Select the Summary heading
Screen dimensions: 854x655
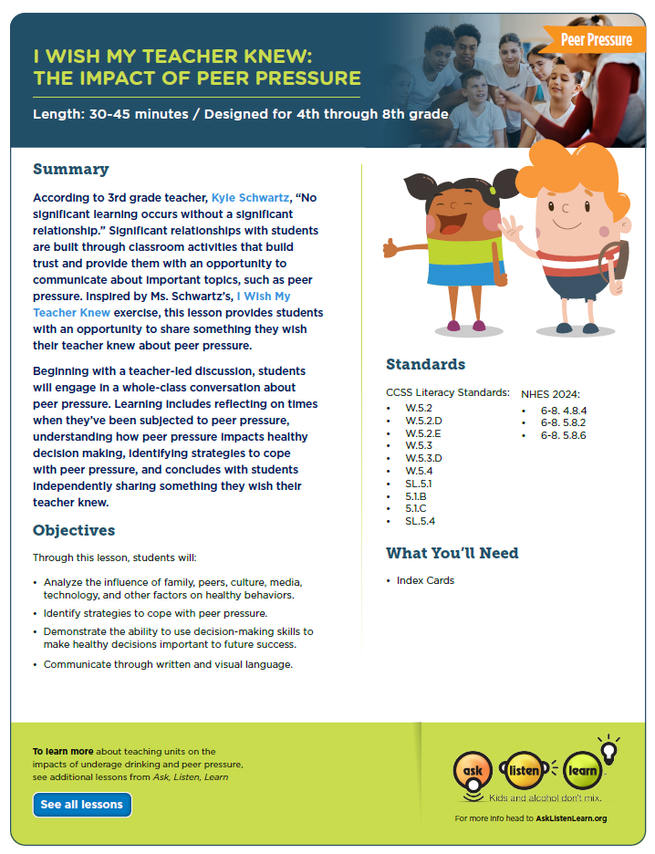tap(70, 169)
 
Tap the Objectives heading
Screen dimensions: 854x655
tap(74, 530)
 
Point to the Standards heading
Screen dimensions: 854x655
tap(425, 364)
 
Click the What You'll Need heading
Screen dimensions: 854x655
tap(452, 553)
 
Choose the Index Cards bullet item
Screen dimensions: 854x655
tap(425, 580)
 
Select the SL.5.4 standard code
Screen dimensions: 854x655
tap(421, 521)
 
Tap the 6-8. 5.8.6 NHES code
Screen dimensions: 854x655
tap(563, 436)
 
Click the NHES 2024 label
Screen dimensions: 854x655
tap(550, 393)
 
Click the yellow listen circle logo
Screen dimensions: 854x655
tap(525, 771)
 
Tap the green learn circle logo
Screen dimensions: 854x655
tap(582, 771)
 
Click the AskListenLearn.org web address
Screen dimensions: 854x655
tap(571, 818)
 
